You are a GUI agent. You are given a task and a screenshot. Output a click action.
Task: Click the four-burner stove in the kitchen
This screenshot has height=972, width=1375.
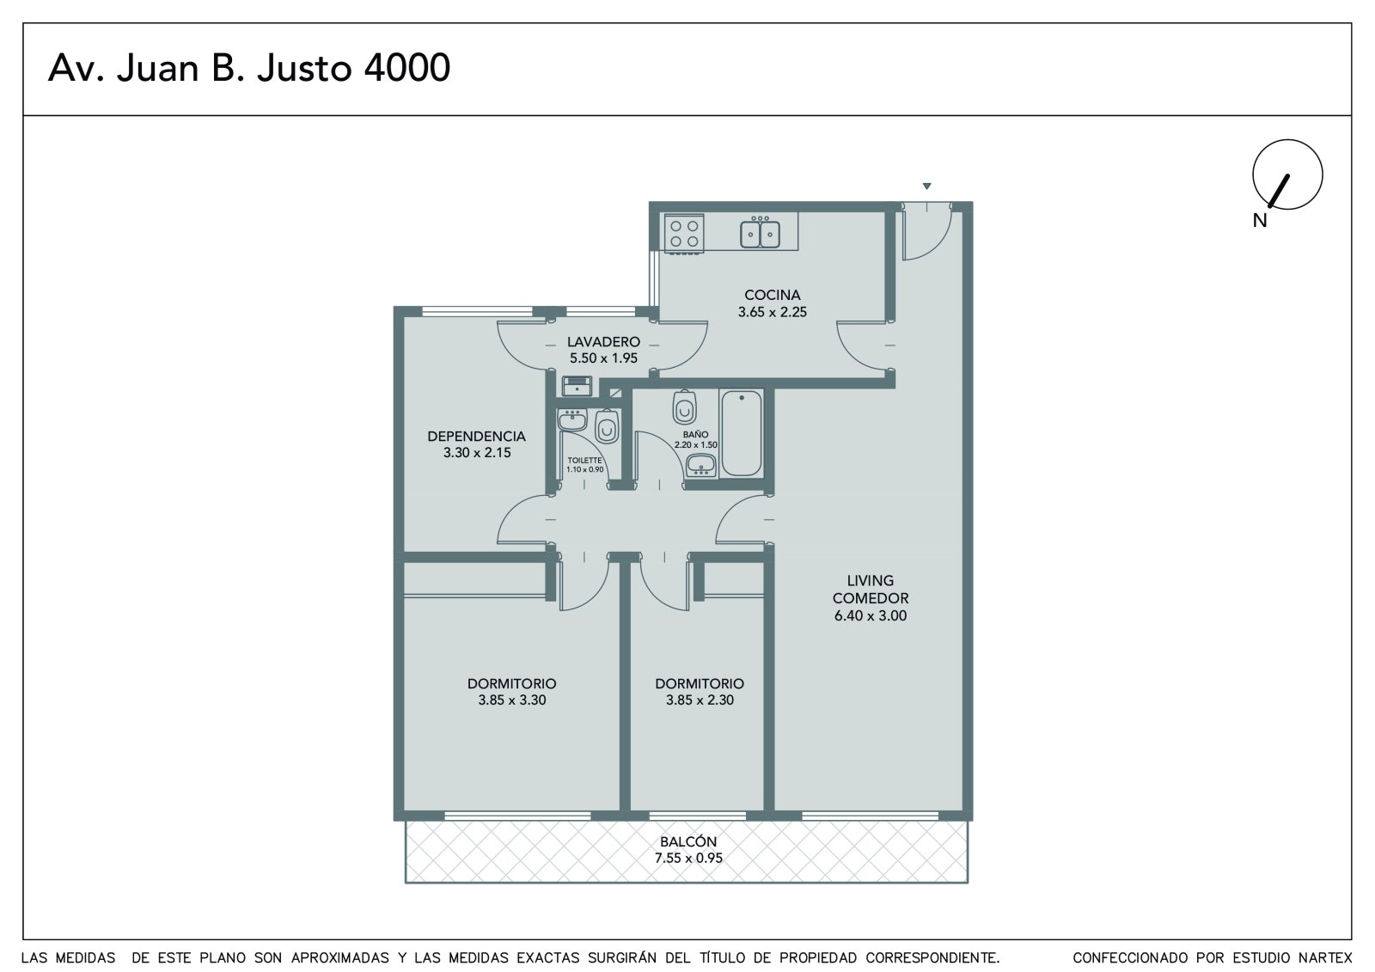click(683, 233)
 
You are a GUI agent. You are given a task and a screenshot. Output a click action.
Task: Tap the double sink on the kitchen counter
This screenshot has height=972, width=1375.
click(760, 233)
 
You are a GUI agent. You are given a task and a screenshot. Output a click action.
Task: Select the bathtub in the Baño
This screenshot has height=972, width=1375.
click(742, 433)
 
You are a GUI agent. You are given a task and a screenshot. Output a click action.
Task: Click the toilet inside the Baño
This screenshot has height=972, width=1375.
click(684, 407)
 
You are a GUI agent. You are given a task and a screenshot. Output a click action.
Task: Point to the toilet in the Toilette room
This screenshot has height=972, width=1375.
click(607, 426)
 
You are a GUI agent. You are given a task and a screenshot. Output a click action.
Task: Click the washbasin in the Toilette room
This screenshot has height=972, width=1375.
click(572, 420)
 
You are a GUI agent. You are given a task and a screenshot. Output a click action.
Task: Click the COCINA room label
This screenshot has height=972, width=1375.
click(773, 295)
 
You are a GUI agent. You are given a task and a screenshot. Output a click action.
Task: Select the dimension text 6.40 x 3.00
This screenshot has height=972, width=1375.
click(871, 616)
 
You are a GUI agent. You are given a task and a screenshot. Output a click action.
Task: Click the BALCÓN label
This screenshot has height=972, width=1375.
click(688, 841)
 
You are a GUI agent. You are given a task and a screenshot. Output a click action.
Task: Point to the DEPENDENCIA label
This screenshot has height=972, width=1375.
click(476, 437)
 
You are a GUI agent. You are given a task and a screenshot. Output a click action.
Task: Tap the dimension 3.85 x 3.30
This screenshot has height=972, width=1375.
click(512, 700)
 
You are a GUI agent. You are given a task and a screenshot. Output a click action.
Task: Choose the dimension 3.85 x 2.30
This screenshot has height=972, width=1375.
click(700, 700)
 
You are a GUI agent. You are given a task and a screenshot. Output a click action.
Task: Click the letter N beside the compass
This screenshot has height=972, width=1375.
click(1260, 220)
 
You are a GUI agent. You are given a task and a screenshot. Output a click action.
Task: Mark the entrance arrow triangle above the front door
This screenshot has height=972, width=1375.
click(927, 186)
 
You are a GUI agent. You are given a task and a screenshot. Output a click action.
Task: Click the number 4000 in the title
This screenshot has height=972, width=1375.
click(407, 68)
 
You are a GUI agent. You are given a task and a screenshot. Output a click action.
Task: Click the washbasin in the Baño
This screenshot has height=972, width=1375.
click(700, 465)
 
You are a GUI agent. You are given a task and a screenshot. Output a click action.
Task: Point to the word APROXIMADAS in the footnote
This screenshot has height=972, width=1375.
click(339, 958)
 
